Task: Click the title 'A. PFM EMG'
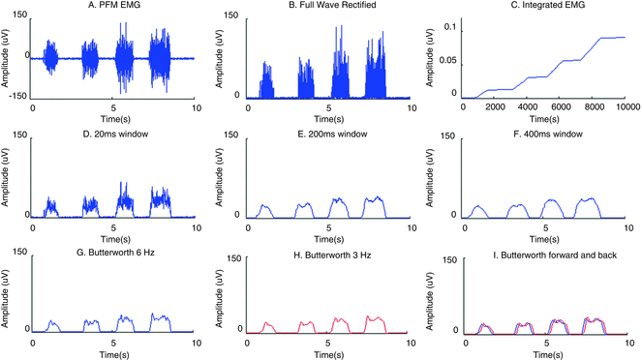pyautogui.click(x=114, y=6)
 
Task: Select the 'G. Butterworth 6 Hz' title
pyautogui.click(x=114, y=240)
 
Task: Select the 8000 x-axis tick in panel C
pyautogui.click(x=594, y=106)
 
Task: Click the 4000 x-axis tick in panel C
pyautogui.click(x=527, y=106)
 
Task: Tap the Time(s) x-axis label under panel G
pyautogui.click(x=114, y=352)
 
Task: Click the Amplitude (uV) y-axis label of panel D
pyautogui.click(x=8, y=175)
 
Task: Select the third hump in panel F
pyautogui.click(x=551, y=204)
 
